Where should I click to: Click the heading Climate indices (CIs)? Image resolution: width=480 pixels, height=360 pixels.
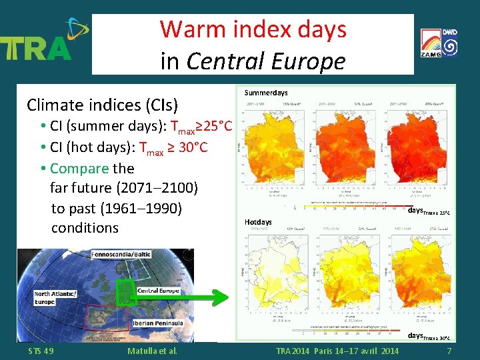(x=102, y=105)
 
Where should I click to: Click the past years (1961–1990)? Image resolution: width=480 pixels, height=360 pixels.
(x=141, y=208)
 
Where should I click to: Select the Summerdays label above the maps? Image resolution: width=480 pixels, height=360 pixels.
(x=266, y=93)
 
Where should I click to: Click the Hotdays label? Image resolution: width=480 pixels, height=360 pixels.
(x=258, y=221)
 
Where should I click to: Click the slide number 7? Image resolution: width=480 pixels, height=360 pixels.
(x=449, y=351)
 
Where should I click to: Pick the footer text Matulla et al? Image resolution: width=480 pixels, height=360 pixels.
(x=151, y=351)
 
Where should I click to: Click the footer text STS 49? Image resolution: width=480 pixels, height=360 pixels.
(x=41, y=351)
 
